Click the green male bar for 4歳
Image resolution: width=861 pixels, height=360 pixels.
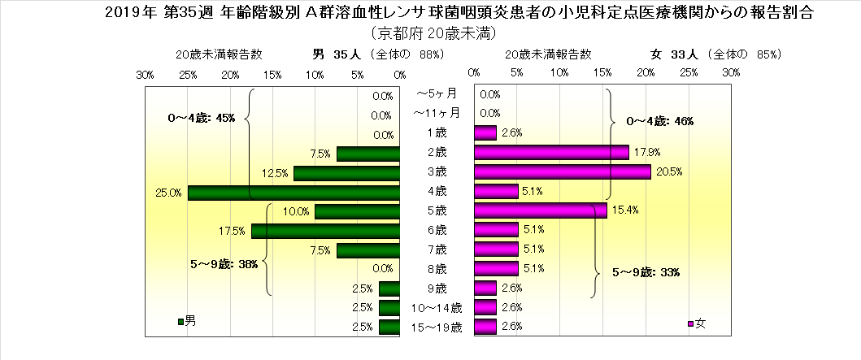[x=294, y=193]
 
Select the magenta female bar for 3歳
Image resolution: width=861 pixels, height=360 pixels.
[x=562, y=172]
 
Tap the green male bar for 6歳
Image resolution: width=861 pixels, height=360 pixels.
[x=325, y=231]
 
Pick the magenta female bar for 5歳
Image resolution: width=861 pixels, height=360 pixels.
[x=540, y=210]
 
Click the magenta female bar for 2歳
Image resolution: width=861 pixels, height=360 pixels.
[x=550, y=153]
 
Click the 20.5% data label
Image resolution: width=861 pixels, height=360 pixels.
[x=672, y=172]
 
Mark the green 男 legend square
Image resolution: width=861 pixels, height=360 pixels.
[x=180, y=323]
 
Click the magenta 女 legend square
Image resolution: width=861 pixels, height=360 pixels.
[x=690, y=323]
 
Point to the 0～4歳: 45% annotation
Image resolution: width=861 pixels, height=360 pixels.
[x=201, y=118]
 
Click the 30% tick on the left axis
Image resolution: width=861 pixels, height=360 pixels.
[x=146, y=74]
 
